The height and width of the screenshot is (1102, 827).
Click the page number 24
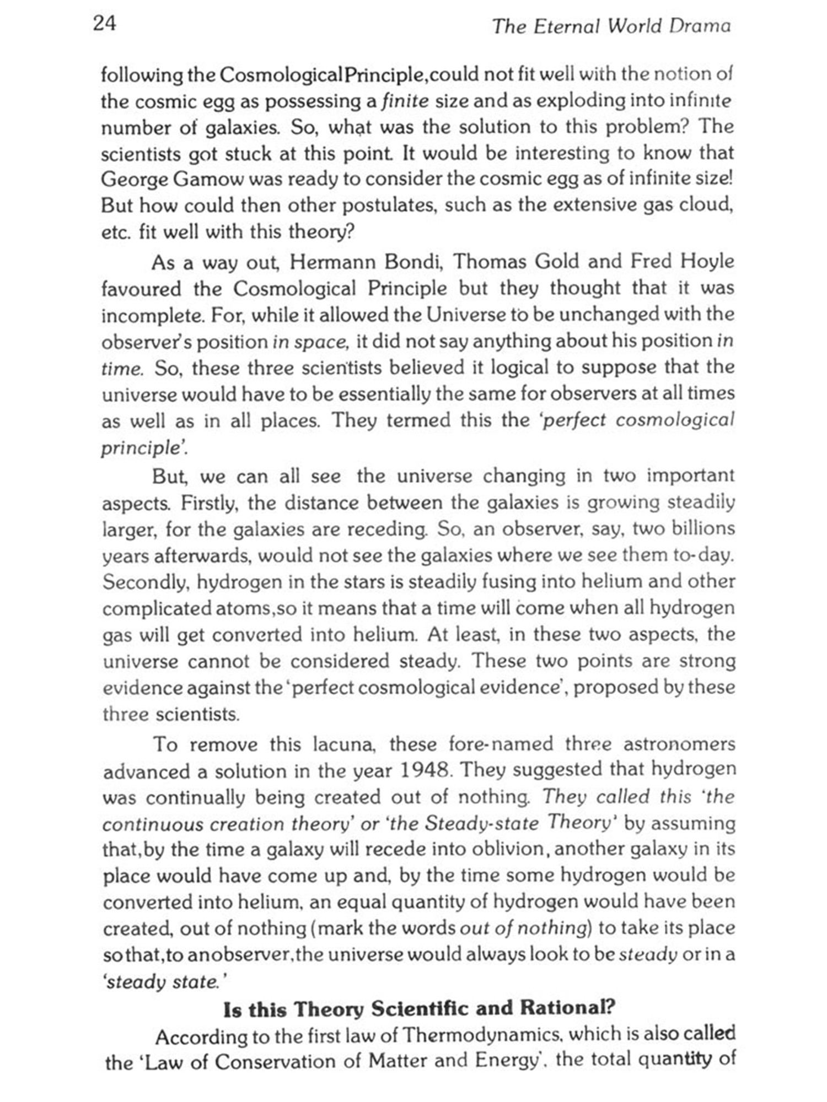click(105, 24)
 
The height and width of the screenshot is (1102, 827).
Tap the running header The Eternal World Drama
click(611, 26)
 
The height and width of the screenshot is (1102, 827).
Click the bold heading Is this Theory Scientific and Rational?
click(418, 1009)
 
